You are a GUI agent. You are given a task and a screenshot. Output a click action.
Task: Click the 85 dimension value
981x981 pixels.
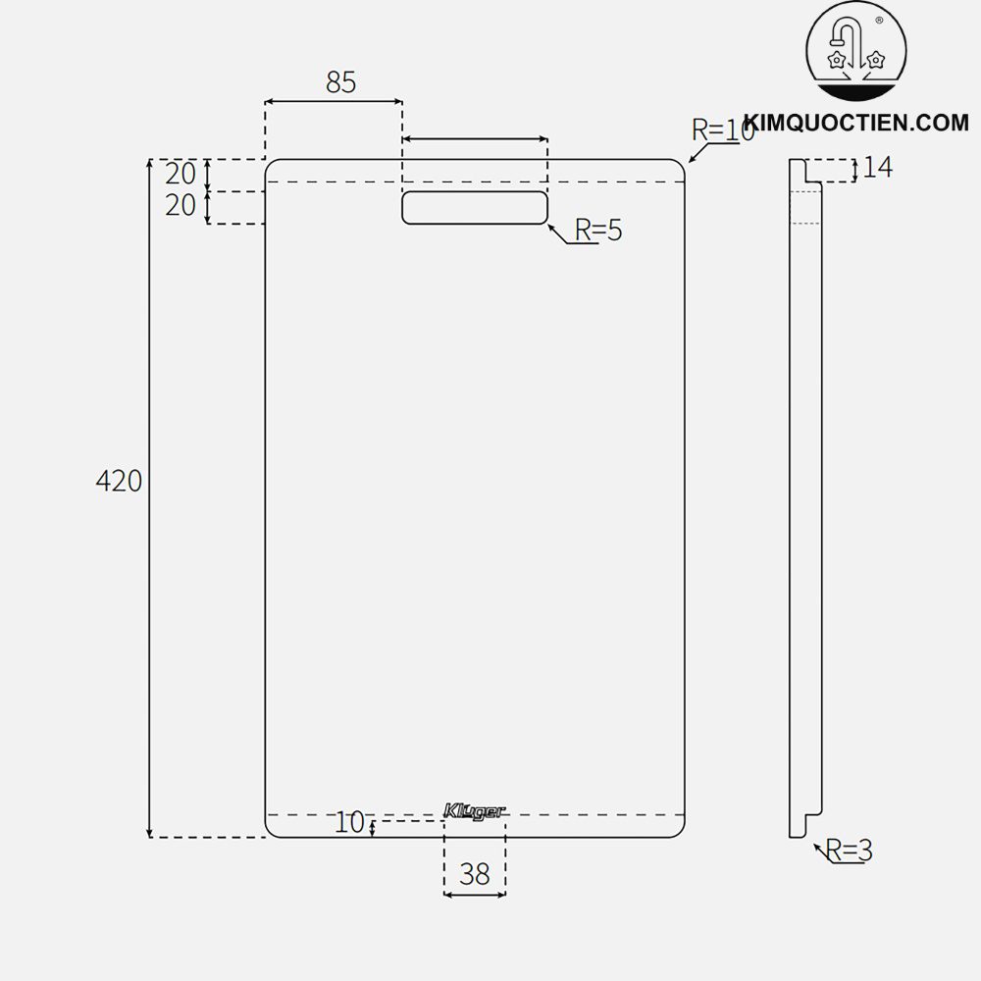point(340,82)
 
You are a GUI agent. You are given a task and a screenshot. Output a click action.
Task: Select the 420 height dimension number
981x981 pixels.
point(119,481)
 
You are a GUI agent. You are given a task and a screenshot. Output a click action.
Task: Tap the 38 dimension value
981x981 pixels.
point(475,874)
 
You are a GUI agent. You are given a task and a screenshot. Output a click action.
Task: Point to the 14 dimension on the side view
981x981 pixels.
point(878,168)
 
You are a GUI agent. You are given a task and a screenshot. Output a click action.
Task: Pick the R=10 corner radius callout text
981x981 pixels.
point(723,129)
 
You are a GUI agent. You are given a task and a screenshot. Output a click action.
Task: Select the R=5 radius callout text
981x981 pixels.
point(598,231)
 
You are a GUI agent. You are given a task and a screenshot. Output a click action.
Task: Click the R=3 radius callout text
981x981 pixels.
point(849,851)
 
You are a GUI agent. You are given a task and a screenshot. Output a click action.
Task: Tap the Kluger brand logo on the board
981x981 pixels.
point(475,811)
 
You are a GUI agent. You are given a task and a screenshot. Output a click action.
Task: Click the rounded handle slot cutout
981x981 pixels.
point(475,208)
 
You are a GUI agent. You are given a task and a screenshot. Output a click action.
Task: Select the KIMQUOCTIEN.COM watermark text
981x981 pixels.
point(855,122)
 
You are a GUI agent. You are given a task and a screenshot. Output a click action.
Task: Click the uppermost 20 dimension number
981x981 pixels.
point(181,174)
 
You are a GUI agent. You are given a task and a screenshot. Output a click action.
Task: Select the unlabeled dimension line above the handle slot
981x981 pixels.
point(475,140)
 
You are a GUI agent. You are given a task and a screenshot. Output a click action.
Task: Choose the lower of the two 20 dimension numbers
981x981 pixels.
point(181,206)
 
